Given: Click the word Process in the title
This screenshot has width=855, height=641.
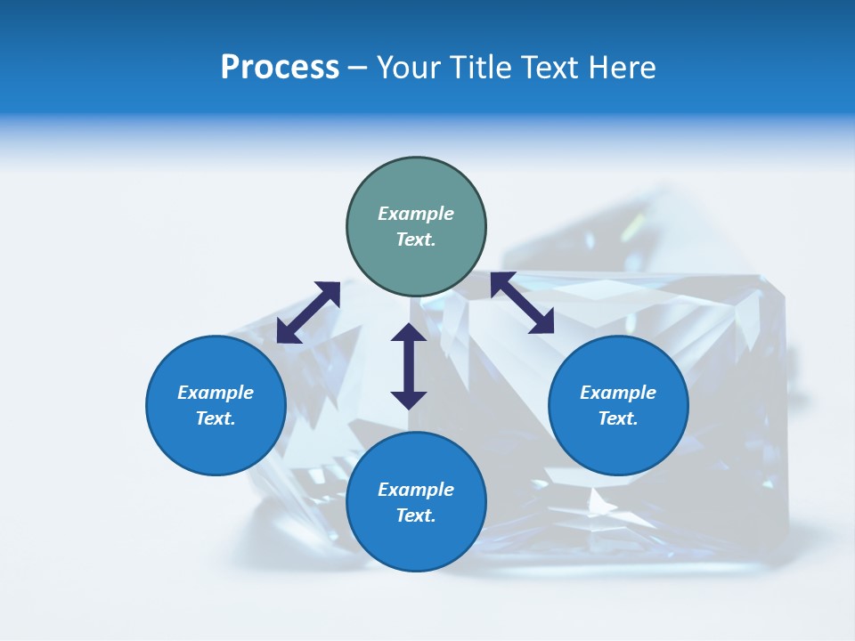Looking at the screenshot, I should (280, 68).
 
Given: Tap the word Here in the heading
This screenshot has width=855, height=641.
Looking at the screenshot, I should (623, 68).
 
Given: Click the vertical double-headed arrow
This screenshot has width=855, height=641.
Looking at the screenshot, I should (409, 366).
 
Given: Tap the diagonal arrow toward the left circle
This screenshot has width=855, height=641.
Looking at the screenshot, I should (308, 312).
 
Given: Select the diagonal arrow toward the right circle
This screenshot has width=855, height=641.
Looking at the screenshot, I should (523, 303).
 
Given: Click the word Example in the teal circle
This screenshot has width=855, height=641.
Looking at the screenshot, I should (416, 214).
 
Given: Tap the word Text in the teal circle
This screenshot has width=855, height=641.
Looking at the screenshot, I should (416, 239).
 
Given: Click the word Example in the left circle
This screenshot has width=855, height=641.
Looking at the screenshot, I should (216, 393).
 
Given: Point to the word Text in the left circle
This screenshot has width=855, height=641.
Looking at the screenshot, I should (216, 418).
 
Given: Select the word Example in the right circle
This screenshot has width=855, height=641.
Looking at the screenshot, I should (618, 393).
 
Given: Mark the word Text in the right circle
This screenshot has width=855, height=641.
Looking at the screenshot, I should (618, 418).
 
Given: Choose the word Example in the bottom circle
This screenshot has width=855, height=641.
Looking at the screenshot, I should (416, 490).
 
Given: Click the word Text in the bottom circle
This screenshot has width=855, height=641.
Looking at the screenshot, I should (416, 515).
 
